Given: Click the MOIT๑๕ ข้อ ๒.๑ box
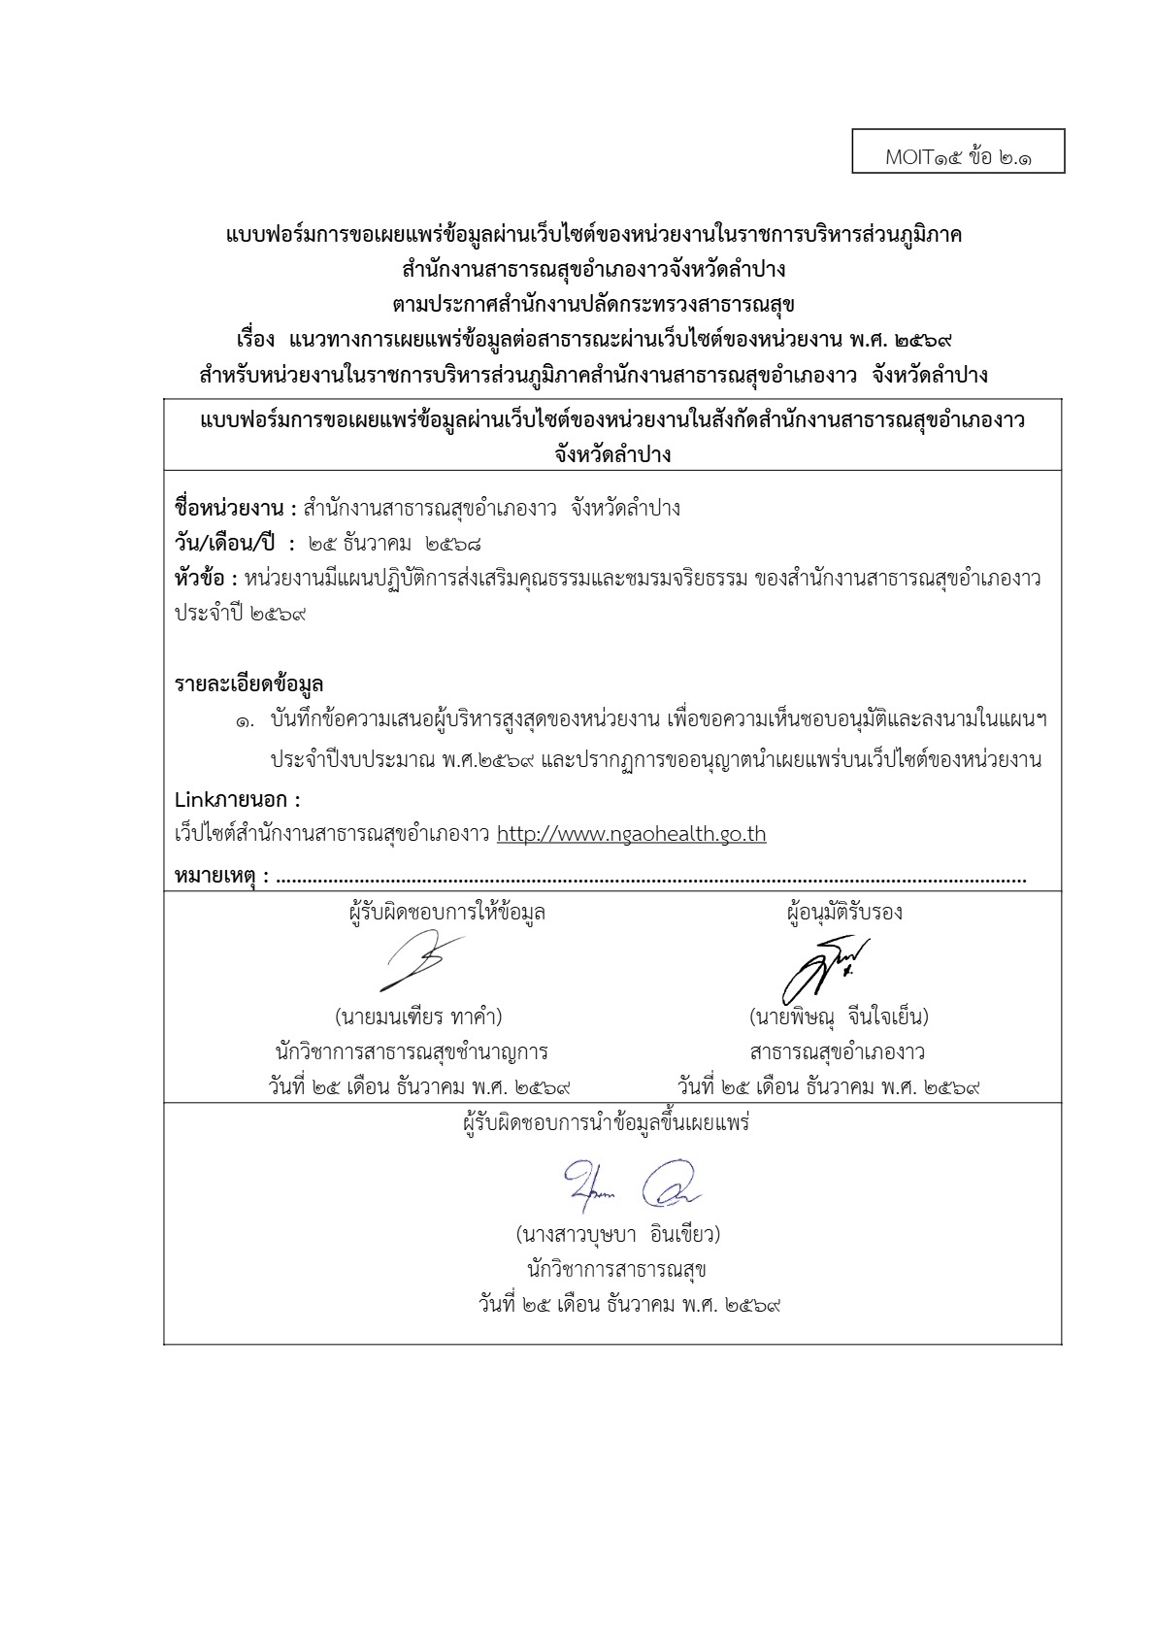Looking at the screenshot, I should [x=958, y=151].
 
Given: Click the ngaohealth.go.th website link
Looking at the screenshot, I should [x=631, y=834].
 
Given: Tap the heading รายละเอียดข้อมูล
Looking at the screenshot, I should [x=248, y=684].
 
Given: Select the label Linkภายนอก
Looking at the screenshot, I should [x=237, y=800].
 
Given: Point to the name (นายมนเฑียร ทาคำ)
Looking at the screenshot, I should [x=418, y=1017].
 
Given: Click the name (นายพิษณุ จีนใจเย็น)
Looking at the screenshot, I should [x=839, y=1017].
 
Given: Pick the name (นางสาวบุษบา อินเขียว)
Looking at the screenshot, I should [x=617, y=1235].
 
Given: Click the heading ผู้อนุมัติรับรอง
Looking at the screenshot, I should [x=843, y=913].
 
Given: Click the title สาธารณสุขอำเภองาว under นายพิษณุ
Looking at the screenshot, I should [x=837, y=1051].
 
